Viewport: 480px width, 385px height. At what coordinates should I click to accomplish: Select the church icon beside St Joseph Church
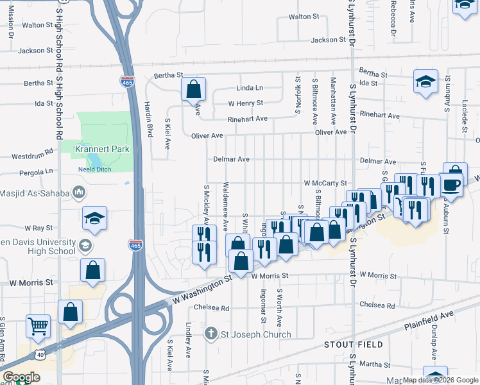pos(212,334)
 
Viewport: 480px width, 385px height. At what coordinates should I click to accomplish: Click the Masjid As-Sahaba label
pos(35,192)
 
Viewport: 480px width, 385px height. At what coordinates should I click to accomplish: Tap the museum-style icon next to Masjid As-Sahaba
pos(79,192)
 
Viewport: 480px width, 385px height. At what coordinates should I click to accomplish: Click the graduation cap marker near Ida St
pos(425,81)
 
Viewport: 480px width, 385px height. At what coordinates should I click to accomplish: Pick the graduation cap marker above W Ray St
pos(94,218)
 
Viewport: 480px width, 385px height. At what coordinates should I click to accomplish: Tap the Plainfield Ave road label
pos(429,320)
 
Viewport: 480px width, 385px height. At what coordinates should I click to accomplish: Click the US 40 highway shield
pos(40,353)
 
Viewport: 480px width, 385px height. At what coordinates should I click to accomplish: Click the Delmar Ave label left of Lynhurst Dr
pos(231,159)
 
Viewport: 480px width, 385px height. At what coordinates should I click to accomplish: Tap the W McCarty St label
pos(325,183)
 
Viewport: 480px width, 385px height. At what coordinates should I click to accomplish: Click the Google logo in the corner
pos(21,377)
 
